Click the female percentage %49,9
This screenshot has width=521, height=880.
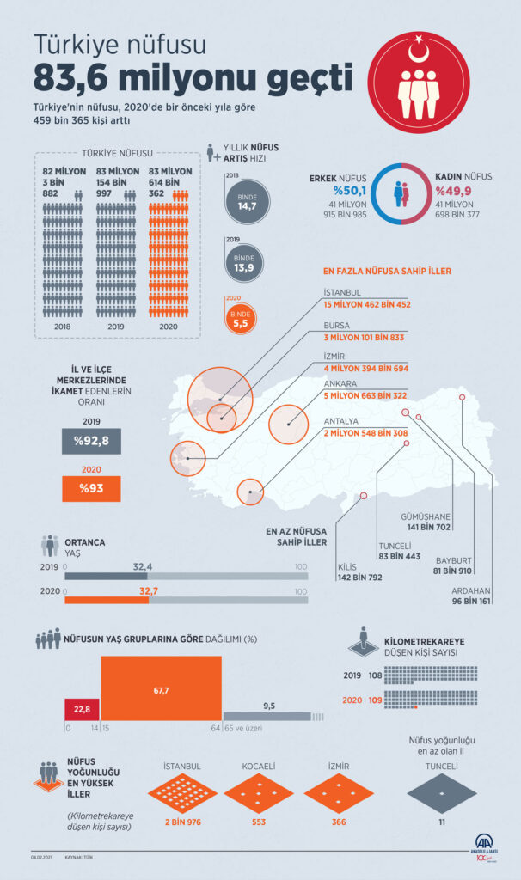(x=453, y=191)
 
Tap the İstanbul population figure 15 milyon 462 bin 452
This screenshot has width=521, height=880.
(x=367, y=304)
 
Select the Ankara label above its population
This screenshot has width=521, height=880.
(x=340, y=384)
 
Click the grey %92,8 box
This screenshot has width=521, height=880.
(x=92, y=442)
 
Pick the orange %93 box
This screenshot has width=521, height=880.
(x=92, y=489)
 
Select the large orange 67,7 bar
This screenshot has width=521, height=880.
(x=161, y=688)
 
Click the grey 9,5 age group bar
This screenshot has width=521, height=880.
(x=268, y=715)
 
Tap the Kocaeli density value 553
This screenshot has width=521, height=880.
(x=258, y=821)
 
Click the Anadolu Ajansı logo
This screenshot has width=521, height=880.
(x=486, y=846)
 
